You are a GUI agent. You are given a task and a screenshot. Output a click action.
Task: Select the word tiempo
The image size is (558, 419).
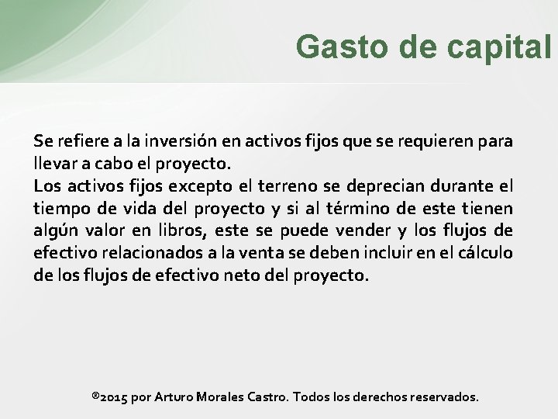60,209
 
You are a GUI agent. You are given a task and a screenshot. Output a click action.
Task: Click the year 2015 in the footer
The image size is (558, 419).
113,397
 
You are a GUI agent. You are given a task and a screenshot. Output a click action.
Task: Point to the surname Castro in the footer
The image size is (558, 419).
268,397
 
